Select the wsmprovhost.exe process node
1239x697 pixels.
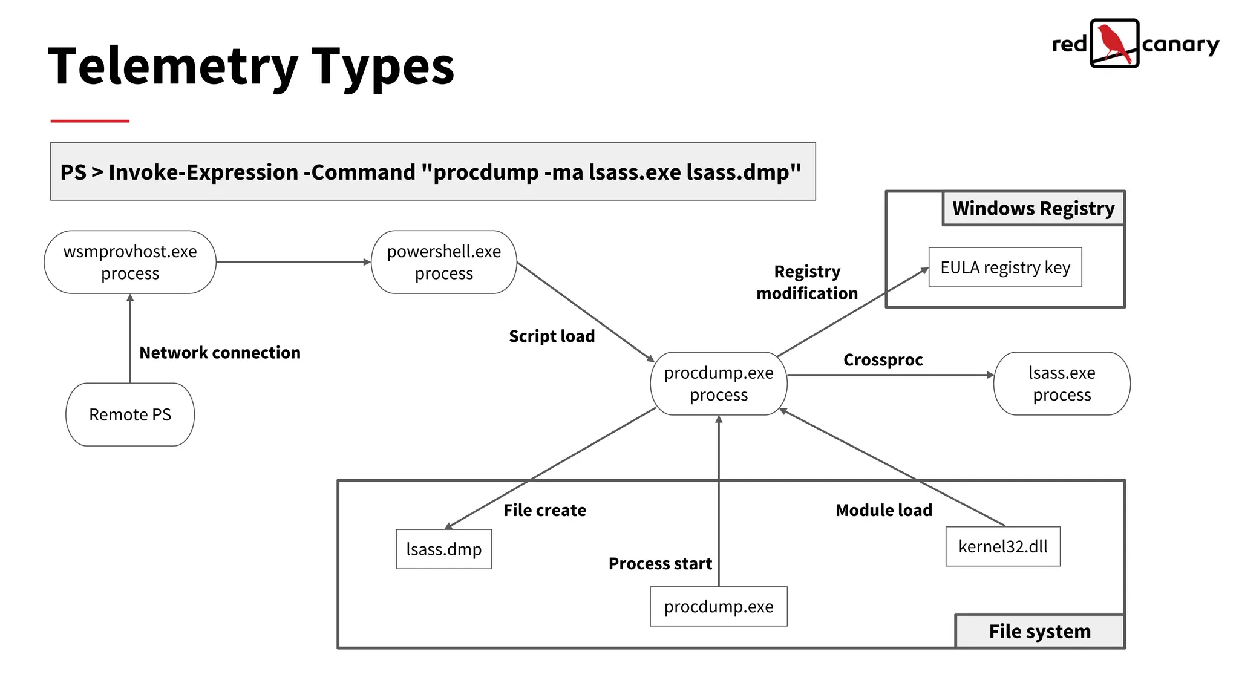(x=130, y=262)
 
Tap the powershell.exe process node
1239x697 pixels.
(x=443, y=262)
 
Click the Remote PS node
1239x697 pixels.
(x=130, y=414)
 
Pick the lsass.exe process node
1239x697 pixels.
(x=1062, y=384)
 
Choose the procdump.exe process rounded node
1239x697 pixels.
(x=719, y=384)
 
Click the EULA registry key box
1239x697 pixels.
(x=1005, y=267)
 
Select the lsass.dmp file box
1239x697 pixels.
(x=443, y=549)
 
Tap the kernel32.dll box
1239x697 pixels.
(x=1002, y=546)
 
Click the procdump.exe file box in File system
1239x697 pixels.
(x=719, y=606)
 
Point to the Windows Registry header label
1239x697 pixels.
(x=1033, y=208)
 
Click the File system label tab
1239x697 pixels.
(x=1039, y=632)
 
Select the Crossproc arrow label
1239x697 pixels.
(x=883, y=360)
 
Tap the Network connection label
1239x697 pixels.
(x=220, y=353)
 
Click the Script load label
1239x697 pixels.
(x=552, y=336)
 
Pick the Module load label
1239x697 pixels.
(x=883, y=511)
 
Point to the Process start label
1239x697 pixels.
(x=660, y=564)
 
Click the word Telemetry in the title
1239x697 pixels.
(x=172, y=67)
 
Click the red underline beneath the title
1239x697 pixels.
(x=90, y=121)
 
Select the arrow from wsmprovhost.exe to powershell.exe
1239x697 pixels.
(x=293, y=262)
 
